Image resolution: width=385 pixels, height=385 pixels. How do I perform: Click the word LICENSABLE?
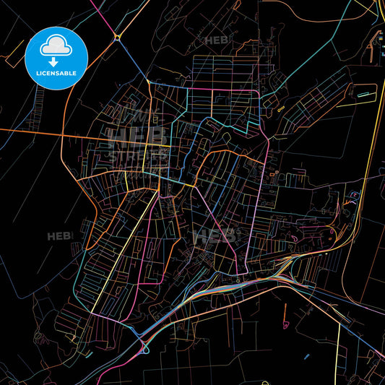point(56,72)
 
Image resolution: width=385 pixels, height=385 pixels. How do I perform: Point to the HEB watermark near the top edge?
point(217,40)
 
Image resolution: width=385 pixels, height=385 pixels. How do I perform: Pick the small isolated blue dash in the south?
point(307,355)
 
